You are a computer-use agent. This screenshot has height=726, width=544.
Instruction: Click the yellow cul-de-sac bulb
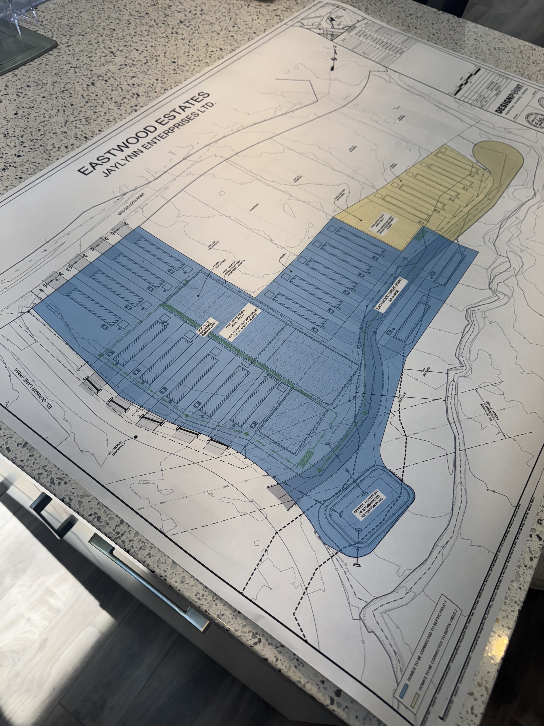point(499,171)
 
